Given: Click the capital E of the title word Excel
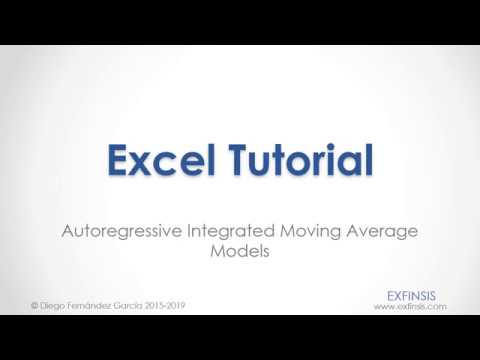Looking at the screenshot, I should tap(118, 159).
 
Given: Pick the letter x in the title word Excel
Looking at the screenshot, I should tap(143, 162).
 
